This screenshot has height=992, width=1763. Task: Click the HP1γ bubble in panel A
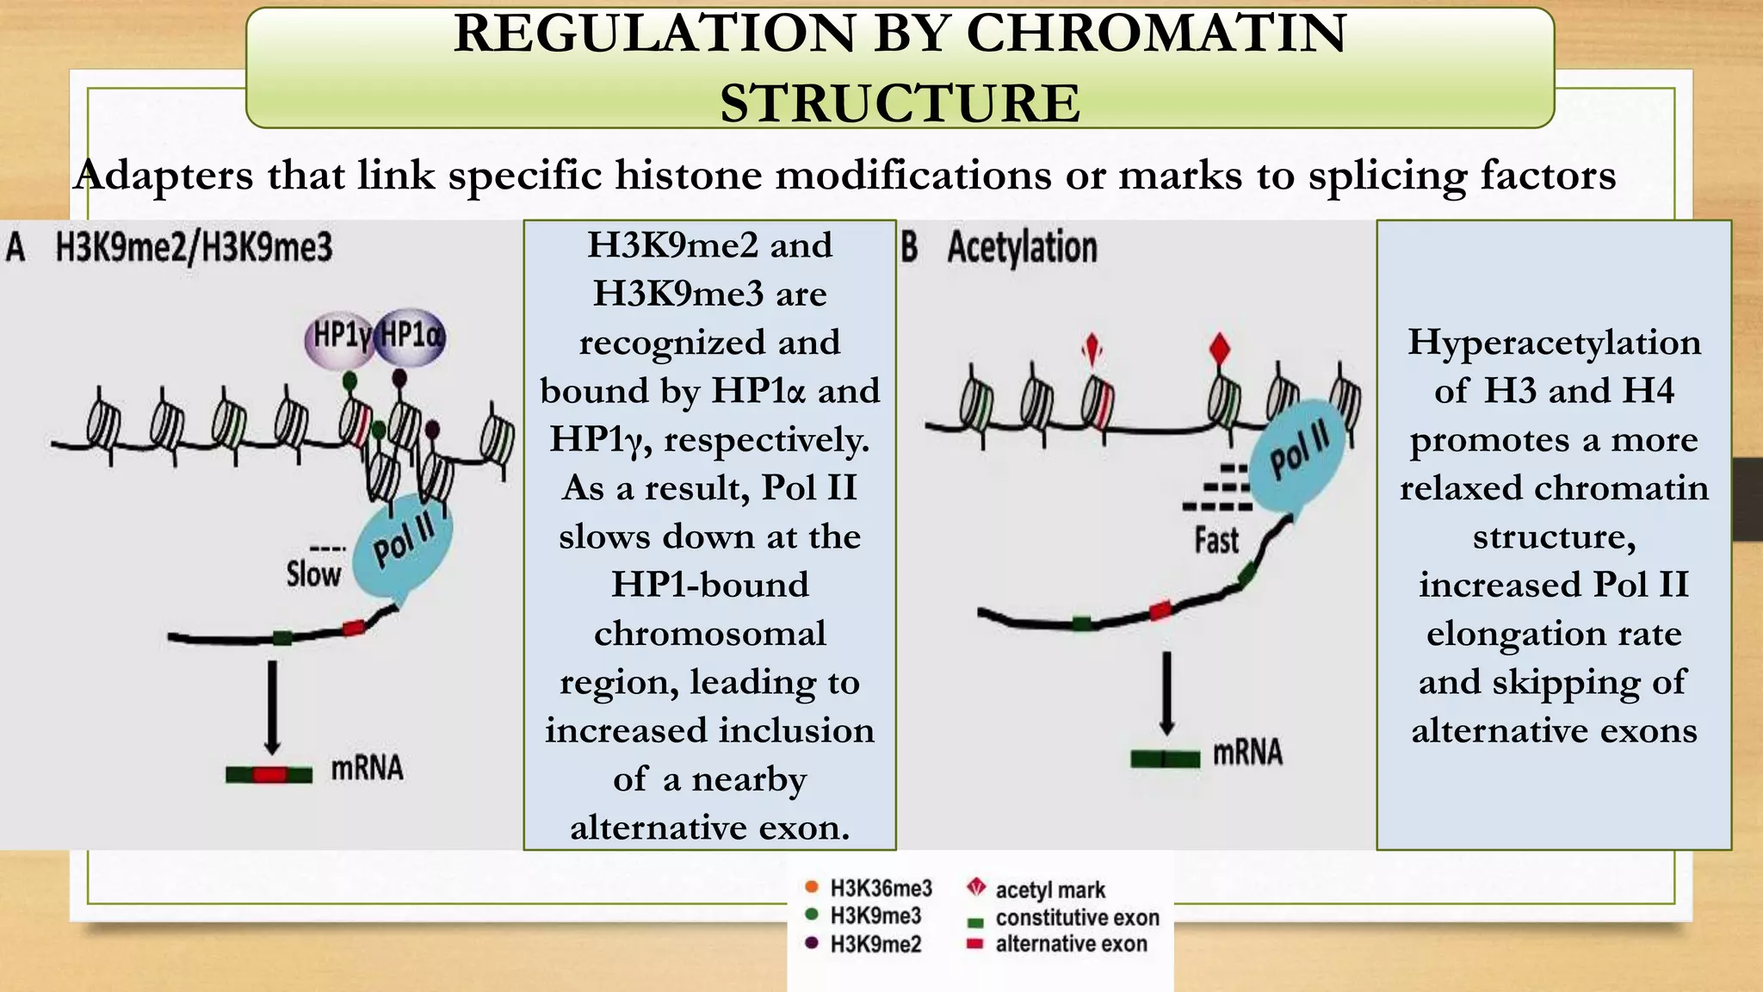pos(339,337)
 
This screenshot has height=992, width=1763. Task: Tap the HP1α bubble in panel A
pos(411,334)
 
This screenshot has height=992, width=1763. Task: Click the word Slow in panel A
pos(313,573)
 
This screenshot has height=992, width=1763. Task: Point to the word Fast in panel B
pos(1216,541)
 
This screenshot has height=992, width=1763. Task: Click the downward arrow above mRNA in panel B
pos(1166,693)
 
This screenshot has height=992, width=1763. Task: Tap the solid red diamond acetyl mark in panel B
pos(1219,350)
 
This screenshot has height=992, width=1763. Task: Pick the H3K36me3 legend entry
pos(880,888)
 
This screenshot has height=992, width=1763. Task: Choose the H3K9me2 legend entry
pos(875,945)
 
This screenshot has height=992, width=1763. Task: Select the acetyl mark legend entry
pos(1049,890)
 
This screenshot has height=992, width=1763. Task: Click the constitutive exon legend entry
pos(1076,918)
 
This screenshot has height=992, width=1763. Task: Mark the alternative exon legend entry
pos(1071,945)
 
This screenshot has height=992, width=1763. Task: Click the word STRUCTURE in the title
pos(900,103)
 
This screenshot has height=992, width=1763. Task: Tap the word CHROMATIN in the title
pos(1156,34)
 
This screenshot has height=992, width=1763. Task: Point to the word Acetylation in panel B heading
pos(1022,248)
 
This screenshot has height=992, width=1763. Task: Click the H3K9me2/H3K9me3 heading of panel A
pos(194,248)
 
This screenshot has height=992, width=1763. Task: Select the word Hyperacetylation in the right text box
pos(1554,343)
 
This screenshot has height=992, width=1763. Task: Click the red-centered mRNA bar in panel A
pos(269,774)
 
